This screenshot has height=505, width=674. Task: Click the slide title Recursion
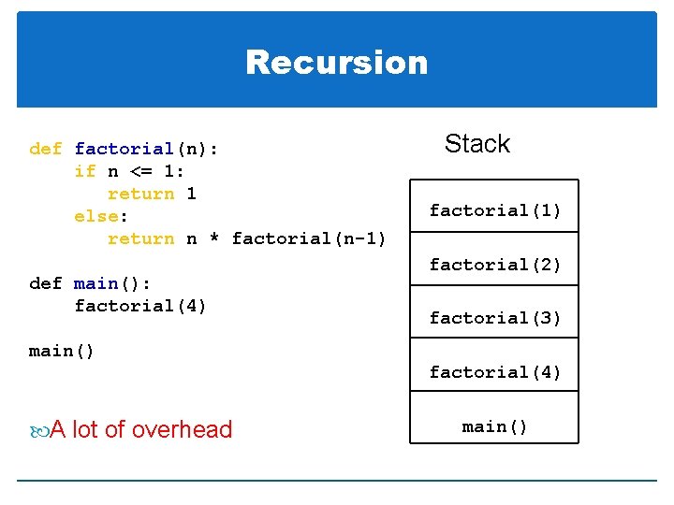(337, 63)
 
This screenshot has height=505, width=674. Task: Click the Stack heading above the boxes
(476, 143)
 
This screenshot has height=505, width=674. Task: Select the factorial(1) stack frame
(495, 210)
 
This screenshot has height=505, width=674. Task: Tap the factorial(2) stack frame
(495, 265)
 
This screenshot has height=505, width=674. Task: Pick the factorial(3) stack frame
(495, 318)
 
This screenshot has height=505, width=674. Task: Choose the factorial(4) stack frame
(495, 372)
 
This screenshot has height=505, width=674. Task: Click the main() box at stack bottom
(495, 426)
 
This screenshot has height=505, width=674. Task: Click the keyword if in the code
(85, 171)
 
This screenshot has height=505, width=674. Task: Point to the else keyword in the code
(95, 216)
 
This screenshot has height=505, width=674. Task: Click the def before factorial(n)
(46, 149)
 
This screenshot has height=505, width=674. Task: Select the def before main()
(46, 283)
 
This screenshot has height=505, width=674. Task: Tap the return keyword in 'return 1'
(141, 194)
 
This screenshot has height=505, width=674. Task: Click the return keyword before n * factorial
(141, 238)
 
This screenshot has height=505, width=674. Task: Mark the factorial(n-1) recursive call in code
(309, 238)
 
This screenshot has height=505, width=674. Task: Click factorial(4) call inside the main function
(140, 306)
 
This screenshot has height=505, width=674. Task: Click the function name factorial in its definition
(124, 149)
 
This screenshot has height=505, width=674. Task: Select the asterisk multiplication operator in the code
(214, 239)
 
